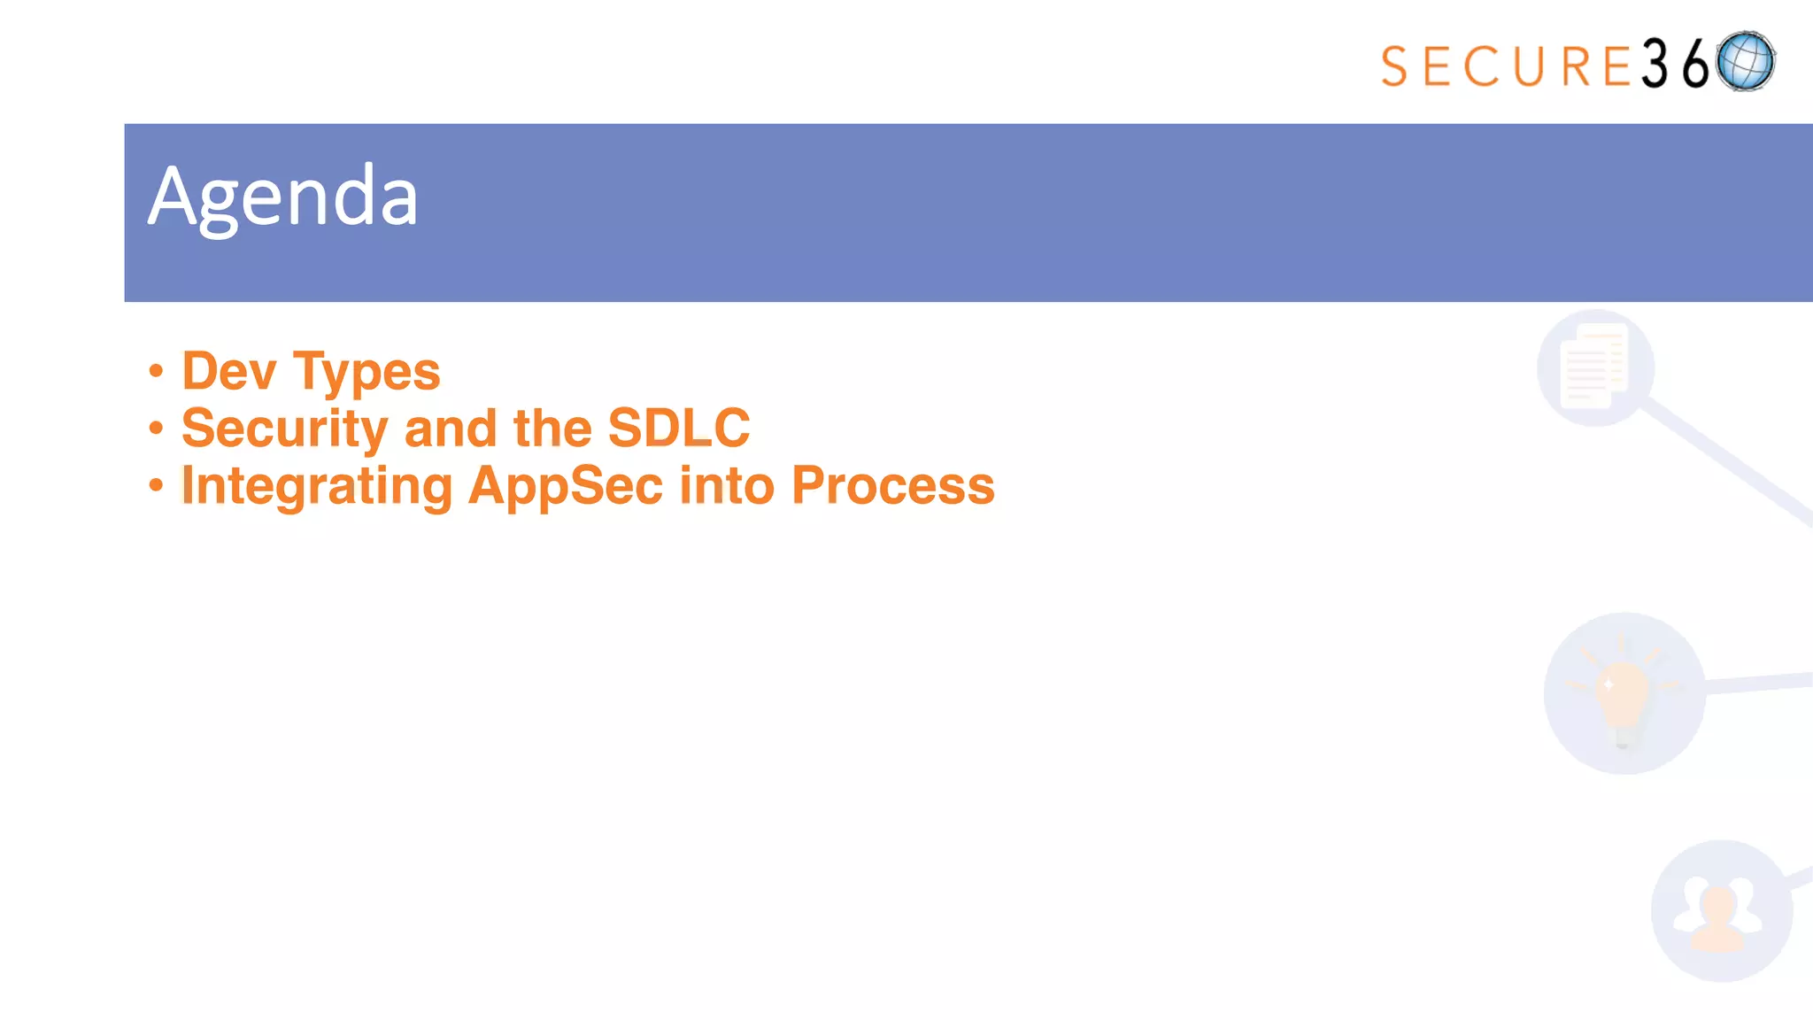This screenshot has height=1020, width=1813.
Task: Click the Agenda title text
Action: (283, 197)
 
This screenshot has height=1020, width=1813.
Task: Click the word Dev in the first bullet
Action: (228, 371)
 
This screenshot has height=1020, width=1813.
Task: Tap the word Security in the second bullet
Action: (284, 429)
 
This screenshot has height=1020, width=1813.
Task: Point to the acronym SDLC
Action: (679, 429)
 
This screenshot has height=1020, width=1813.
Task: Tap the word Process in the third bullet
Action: (892, 485)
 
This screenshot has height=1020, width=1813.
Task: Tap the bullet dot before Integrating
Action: (157, 485)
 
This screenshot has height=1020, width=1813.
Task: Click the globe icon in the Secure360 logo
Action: (1745, 62)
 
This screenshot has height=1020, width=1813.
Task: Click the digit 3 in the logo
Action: (1655, 65)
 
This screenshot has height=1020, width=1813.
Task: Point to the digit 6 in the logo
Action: (1695, 65)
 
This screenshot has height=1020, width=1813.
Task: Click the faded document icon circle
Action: (1595, 367)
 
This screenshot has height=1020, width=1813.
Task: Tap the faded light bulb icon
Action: (1624, 693)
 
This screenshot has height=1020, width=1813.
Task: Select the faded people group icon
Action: (1720, 912)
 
